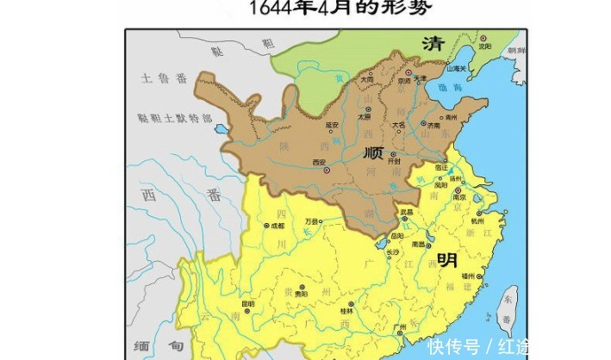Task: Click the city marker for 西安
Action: (x=326, y=170)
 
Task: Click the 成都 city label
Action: (x=277, y=226)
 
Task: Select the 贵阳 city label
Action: (x=302, y=294)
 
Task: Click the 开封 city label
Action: (x=395, y=161)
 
